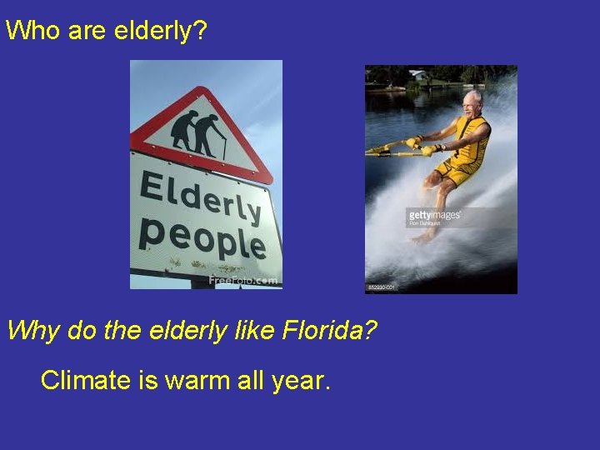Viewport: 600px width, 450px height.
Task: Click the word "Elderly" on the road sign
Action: pyautogui.click(x=200, y=197)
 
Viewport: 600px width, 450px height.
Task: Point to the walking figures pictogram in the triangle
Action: pyautogui.click(x=197, y=133)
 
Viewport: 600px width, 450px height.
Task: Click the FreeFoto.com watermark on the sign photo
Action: pyautogui.click(x=243, y=281)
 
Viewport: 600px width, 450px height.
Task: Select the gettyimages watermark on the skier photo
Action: pyautogui.click(x=433, y=216)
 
